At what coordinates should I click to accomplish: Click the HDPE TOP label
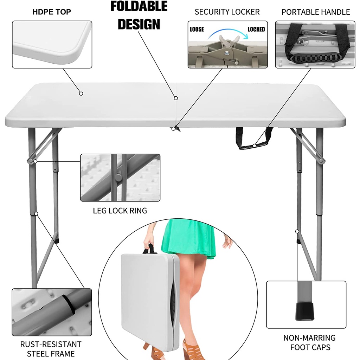tap(52, 12)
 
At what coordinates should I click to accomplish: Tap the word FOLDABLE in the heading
tap(139, 6)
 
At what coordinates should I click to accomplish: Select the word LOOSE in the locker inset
tap(197, 30)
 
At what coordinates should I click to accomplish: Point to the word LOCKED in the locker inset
tap(256, 30)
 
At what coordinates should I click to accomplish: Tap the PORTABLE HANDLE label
tap(316, 12)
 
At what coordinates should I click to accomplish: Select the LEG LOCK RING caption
tap(120, 211)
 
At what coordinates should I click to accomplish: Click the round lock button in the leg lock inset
tap(118, 178)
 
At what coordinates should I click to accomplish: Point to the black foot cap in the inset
tap(304, 311)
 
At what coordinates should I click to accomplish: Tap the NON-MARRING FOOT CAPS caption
tap(309, 342)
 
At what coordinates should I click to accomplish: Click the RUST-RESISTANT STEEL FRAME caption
tap(51, 349)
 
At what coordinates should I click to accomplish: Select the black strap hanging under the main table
tap(254, 139)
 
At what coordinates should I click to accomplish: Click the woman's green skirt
tap(189, 239)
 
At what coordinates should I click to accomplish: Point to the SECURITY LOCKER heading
tap(227, 12)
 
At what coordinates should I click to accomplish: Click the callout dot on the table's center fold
tap(176, 98)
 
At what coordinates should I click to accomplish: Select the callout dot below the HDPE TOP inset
tap(81, 94)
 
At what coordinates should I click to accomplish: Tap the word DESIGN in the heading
tap(139, 24)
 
